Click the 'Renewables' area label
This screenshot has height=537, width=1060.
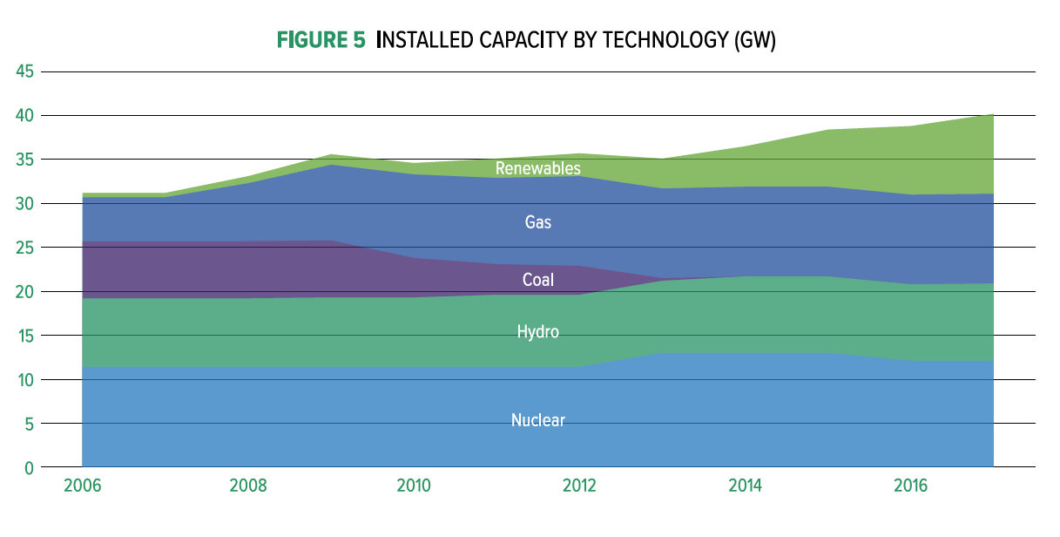[537, 168]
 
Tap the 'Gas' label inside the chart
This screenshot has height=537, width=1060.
[537, 222]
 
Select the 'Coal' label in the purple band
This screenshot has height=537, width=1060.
[537, 280]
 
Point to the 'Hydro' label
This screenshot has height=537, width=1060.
[537, 332]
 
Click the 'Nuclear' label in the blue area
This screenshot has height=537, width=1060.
[537, 420]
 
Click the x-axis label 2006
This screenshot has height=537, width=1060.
[82, 486]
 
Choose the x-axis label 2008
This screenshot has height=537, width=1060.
[247, 486]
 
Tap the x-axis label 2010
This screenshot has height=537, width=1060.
[414, 486]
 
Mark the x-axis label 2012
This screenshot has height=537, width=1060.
[579, 486]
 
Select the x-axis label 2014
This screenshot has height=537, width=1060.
[745, 486]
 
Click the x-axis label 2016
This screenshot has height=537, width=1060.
[910, 486]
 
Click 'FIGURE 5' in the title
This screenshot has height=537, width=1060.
[321, 40]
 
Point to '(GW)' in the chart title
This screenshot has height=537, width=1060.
[754, 40]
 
